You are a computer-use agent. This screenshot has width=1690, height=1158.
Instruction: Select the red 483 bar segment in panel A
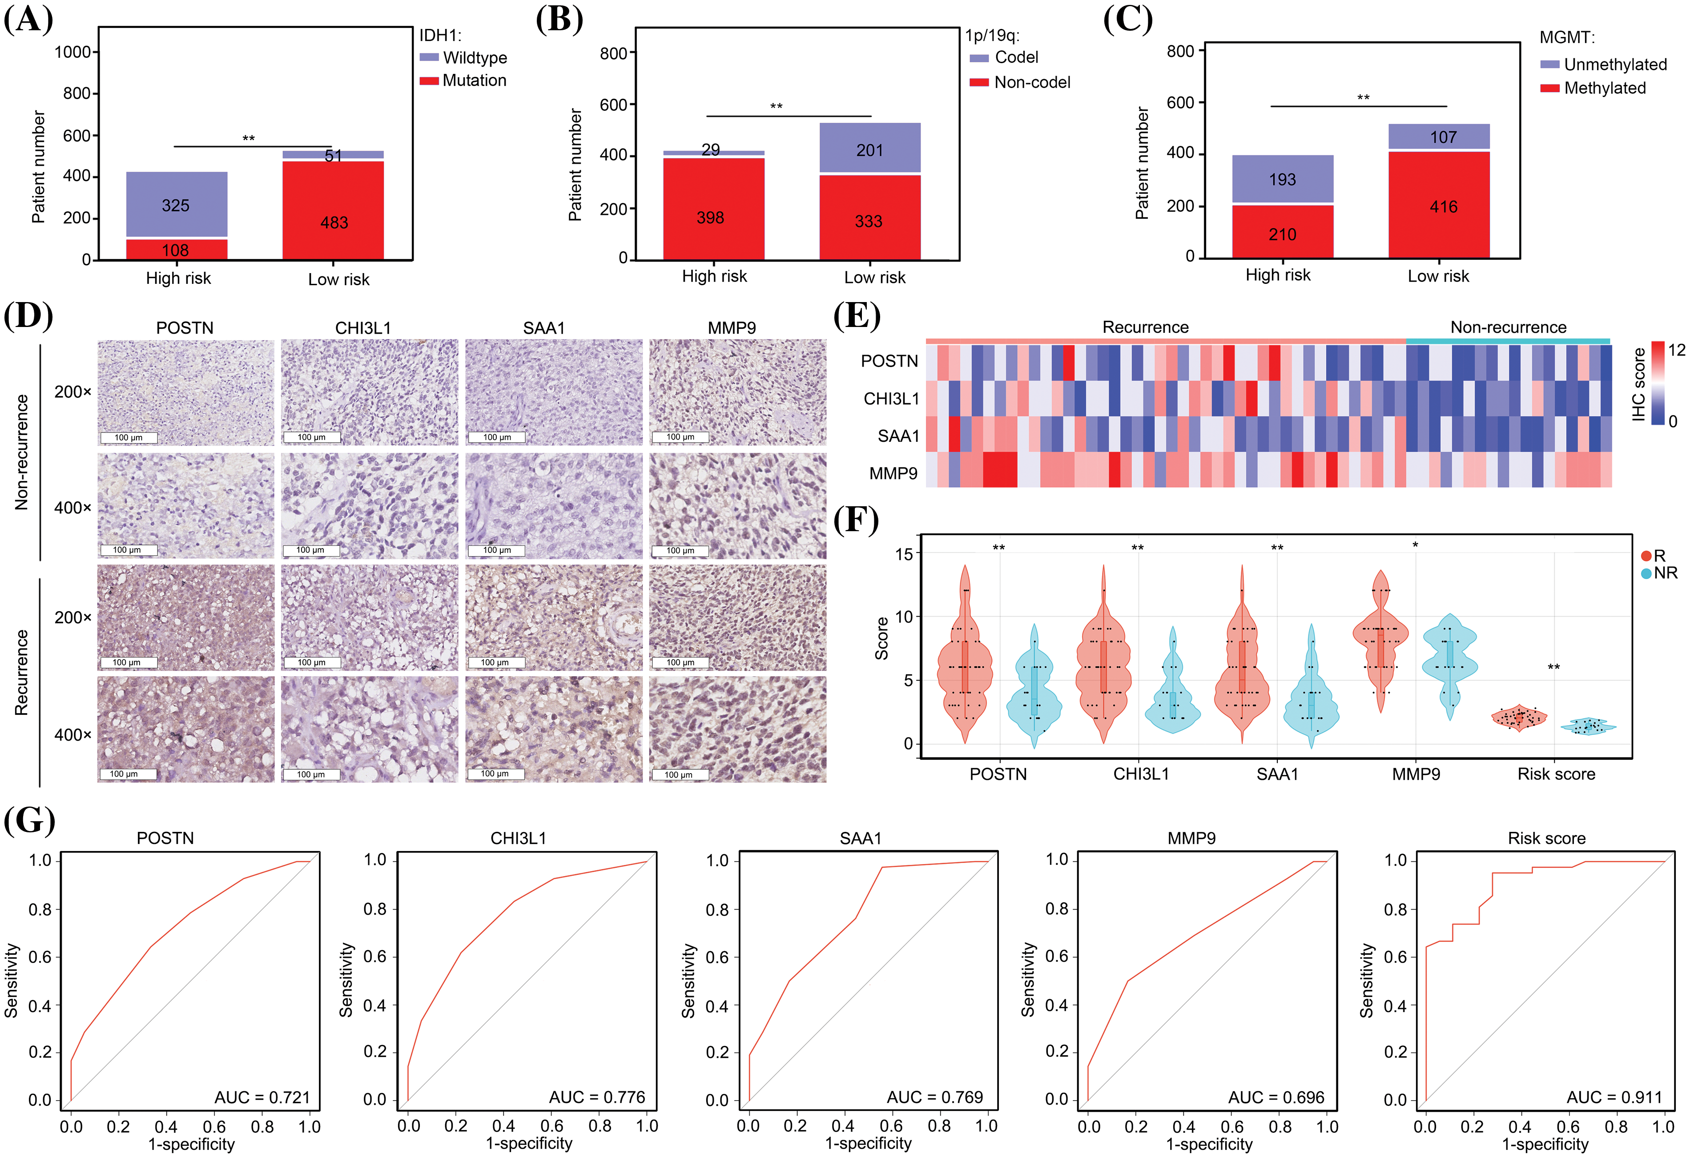(x=334, y=211)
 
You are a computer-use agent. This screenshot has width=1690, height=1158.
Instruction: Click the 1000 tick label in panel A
(x=73, y=52)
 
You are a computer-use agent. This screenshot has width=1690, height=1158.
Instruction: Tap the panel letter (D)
(x=28, y=316)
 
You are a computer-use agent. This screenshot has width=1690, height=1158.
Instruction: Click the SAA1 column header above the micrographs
(x=544, y=328)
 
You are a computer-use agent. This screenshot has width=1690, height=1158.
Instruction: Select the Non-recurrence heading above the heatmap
(x=1508, y=327)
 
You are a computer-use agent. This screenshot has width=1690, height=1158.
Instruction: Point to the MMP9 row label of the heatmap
(x=894, y=473)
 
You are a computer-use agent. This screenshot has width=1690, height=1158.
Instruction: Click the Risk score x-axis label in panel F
(x=1556, y=774)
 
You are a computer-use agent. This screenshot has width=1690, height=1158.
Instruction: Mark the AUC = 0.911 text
(x=1614, y=1097)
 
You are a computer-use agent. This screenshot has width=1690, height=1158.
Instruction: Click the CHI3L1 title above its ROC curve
(x=519, y=839)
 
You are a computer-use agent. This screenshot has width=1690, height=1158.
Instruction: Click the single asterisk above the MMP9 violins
(x=1415, y=545)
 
